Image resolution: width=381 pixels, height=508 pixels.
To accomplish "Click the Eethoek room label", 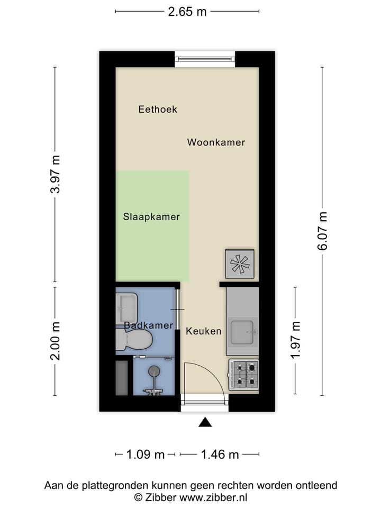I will click(158, 110).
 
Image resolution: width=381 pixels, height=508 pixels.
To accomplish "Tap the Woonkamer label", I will click(216, 142).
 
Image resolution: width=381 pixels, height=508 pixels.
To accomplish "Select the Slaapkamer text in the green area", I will click(151, 217).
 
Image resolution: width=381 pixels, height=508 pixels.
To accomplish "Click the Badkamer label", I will click(149, 325).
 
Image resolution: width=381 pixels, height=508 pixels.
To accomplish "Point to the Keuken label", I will click(203, 331).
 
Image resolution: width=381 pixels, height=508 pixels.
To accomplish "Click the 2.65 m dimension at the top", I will click(187, 12).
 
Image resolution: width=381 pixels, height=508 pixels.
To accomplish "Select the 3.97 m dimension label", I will click(56, 174).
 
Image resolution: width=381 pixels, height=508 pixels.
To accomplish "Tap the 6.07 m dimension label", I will click(322, 231).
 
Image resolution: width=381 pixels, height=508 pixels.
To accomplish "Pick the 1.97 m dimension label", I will click(296, 340).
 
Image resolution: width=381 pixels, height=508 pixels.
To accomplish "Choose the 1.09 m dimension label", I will click(145, 454).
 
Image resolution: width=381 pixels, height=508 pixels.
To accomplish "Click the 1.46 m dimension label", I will click(220, 454).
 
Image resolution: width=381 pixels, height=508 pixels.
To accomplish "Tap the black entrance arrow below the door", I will click(205, 422).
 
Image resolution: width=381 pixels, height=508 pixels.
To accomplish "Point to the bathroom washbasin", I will click(127, 306).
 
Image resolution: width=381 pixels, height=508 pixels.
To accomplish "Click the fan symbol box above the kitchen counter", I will click(240, 264).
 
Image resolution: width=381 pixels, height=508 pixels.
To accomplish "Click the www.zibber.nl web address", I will click(214, 497).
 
